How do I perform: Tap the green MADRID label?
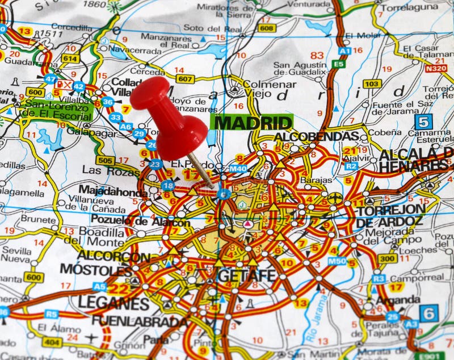pyautogui.click(x=251, y=122)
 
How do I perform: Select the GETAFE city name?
pyautogui.click(x=246, y=275)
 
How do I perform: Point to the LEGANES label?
pyautogui.click(x=113, y=303)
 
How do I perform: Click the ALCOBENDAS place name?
pyautogui.click(x=316, y=137)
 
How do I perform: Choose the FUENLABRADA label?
pyautogui.click(x=140, y=320)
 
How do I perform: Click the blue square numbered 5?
pyautogui.click(x=423, y=121)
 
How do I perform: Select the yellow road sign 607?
pyautogui.click(x=185, y=79)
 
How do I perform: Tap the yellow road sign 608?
pyautogui.click(x=266, y=27)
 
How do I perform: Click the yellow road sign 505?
pyautogui.click(x=106, y=160)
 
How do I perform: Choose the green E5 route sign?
pyautogui.click(x=339, y=64)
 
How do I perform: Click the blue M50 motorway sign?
pyautogui.click(x=337, y=261)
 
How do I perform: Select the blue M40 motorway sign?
pyautogui.click(x=238, y=169)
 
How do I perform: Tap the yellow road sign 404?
pyautogui.click(x=52, y=342)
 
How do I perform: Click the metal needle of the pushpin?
pyautogui.click(x=201, y=171)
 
